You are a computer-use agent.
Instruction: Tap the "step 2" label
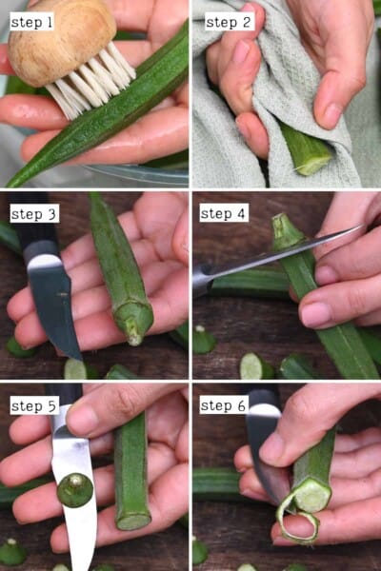pos(228,21)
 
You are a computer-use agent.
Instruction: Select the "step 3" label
pos(34,213)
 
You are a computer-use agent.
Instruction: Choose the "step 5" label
pos(34,405)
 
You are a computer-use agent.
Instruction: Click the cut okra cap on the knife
pos(74,490)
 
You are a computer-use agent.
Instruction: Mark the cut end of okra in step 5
pos(133,520)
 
